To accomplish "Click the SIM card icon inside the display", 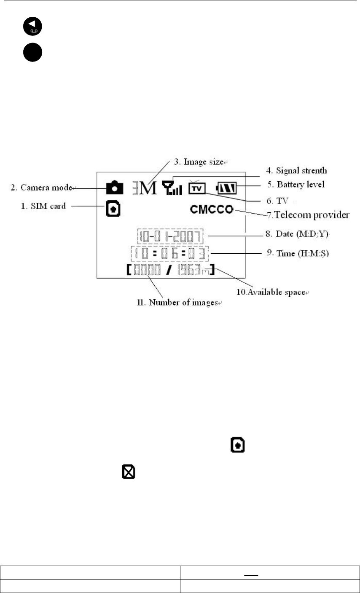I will [x=113, y=209].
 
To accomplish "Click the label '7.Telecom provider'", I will [x=308, y=216].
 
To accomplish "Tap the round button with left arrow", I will [x=33, y=27].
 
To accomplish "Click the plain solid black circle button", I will [x=33, y=54].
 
